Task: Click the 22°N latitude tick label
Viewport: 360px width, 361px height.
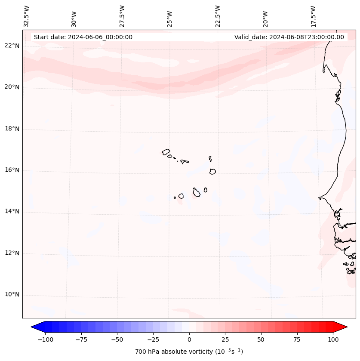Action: [12, 46]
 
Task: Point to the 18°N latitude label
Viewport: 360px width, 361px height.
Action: [12, 129]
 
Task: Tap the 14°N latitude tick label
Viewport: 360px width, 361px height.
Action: [12, 212]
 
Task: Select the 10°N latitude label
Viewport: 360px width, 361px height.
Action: [12, 295]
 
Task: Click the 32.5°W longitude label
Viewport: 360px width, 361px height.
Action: [27, 16]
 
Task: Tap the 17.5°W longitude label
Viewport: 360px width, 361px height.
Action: [313, 16]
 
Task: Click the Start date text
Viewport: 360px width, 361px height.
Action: [83, 37]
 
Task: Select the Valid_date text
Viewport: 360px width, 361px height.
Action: [289, 37]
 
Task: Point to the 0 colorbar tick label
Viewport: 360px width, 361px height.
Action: [189, 339]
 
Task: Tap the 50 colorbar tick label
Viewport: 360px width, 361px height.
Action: [261, 339]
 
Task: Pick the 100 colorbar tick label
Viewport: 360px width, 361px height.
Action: [333, 339]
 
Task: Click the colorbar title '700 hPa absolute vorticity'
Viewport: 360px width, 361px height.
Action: [189, 352]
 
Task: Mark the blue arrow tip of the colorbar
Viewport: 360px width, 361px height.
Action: [33, 327]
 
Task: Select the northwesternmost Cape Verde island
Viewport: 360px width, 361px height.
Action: [166, 152]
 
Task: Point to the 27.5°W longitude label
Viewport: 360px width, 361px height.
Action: [122, 16]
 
